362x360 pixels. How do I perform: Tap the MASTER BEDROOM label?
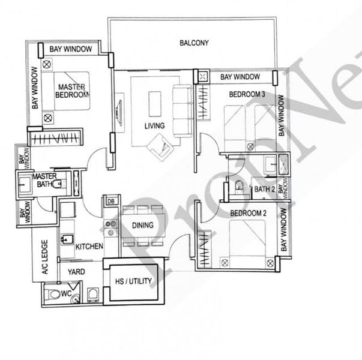pos(72,90)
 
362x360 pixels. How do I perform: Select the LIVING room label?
pos(154,126)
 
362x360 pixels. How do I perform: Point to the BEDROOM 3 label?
pos(247,94)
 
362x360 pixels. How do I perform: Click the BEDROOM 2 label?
pos(248,213)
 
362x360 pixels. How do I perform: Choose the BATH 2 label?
pos(264,190)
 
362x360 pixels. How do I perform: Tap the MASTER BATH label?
pos(44,180)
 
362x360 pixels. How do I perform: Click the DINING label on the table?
pos(142,226)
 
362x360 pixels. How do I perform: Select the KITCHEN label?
pos(89,246)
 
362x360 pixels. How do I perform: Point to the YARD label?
pos(76,272)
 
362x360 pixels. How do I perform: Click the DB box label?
pos(110,202)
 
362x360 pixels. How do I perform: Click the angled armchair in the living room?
pos(160,145)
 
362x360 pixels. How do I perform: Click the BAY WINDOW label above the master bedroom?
pos(70,49)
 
